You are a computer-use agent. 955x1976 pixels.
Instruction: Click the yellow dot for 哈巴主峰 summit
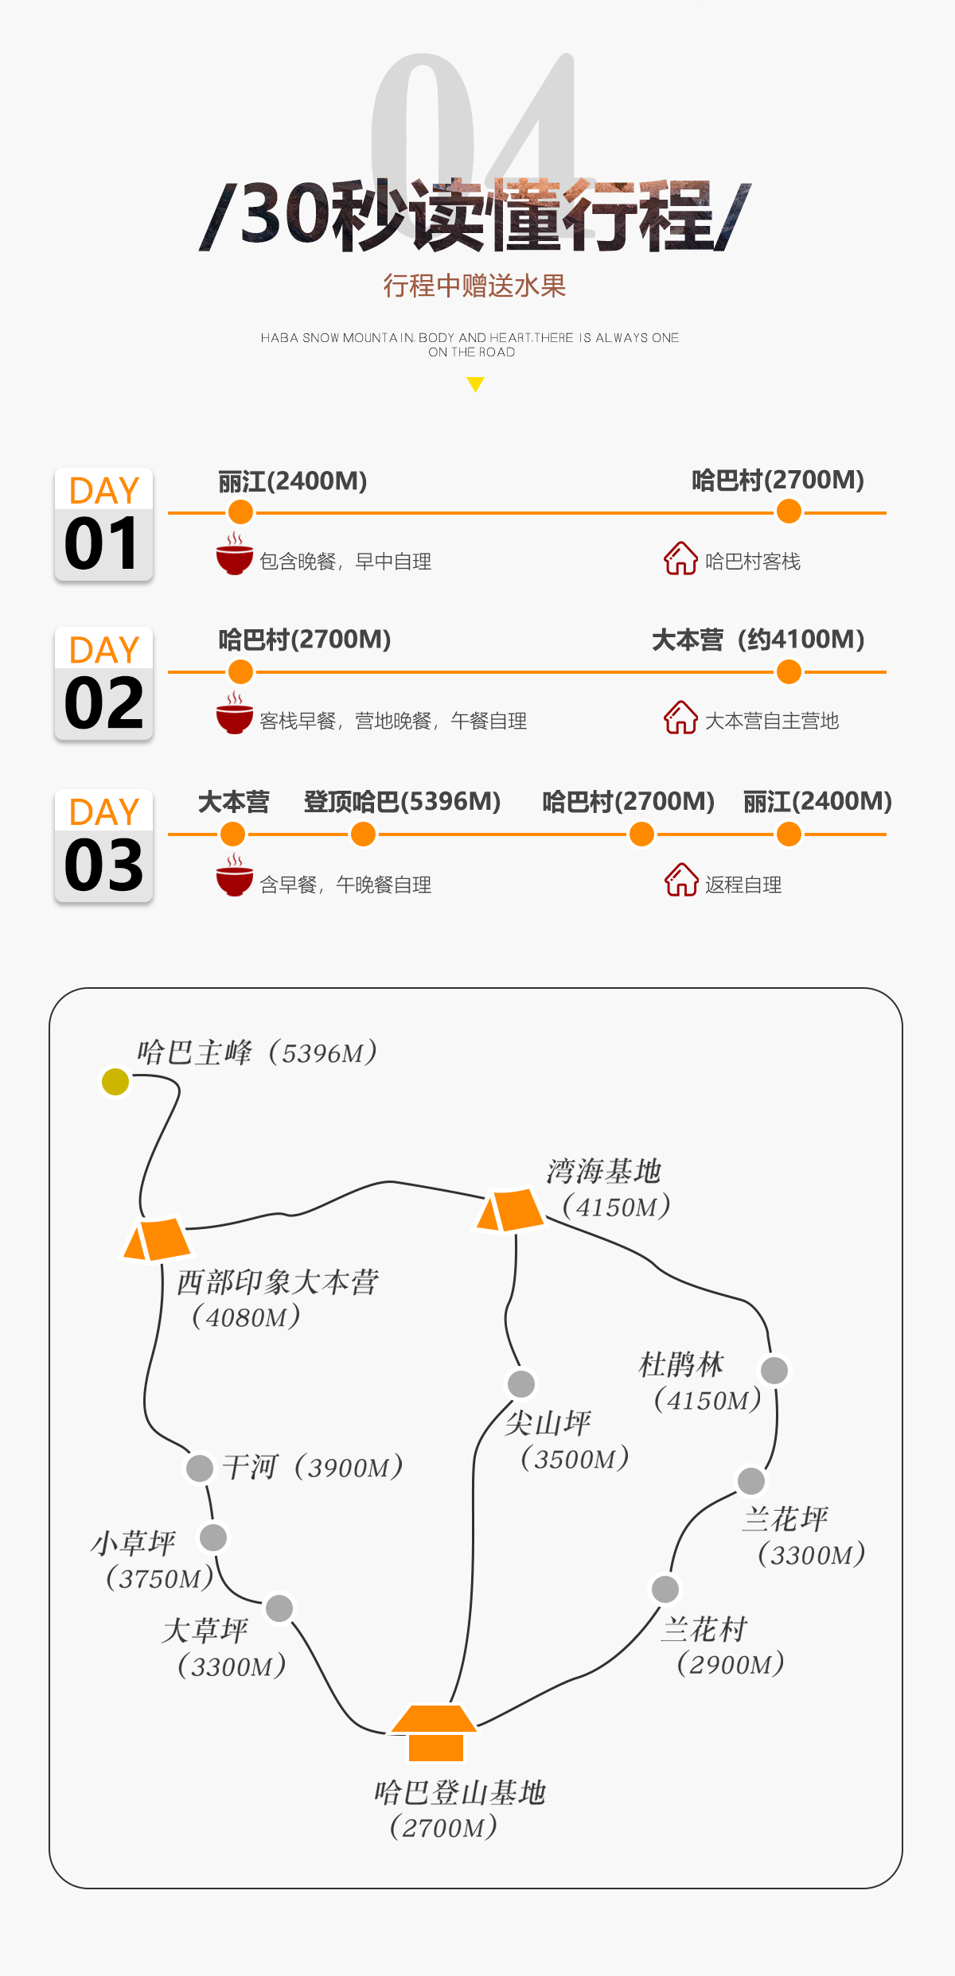115,1081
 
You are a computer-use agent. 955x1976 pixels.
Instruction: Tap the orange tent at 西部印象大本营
157,1239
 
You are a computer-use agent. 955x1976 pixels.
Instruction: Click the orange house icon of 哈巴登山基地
435,1732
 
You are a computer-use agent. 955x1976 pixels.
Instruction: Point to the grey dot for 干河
200,1468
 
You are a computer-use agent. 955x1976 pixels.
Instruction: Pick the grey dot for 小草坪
213,1537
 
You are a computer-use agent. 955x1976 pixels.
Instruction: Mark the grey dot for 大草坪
279,1608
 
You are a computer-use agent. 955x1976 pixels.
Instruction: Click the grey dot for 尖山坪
521,1383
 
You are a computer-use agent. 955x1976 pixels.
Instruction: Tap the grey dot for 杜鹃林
774,1370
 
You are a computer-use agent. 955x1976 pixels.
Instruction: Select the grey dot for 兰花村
665,1589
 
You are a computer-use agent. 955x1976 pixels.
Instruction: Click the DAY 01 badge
103,524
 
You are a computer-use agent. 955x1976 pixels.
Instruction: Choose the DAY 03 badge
103,846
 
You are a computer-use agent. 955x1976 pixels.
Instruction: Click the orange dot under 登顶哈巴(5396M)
363,834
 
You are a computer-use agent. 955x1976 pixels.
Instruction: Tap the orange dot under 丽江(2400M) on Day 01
240,512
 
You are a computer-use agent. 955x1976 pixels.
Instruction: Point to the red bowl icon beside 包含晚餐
235,554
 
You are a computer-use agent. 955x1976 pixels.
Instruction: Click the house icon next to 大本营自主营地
681,718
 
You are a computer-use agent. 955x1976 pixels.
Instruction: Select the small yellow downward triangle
475,385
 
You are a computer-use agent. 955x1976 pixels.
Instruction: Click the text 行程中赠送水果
474,286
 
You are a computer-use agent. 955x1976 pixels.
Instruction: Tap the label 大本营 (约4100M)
758,640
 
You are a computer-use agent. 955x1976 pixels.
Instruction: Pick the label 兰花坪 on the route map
785,1519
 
